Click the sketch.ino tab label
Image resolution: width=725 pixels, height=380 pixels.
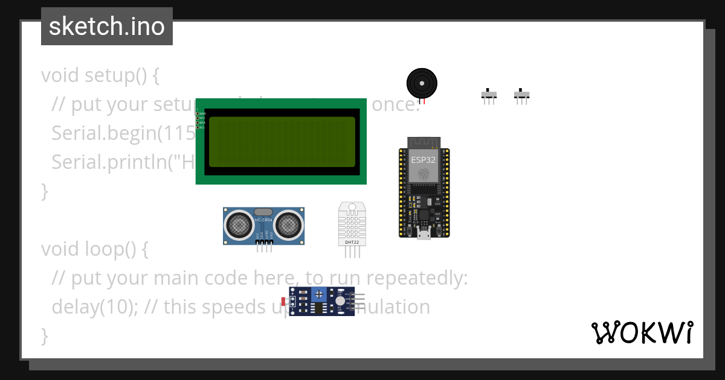pyautogui.click(x=106, y=27)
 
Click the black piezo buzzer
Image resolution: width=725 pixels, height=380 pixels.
pyautogui.click(x=422, y=83)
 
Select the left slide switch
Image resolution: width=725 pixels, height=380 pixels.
pyautogui.click(x=489, y=95)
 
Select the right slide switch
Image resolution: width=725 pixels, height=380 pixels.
pyautogui.click(x=521, y=95)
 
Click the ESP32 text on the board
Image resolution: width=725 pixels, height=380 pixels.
pyautogui.click(x=424, y=160)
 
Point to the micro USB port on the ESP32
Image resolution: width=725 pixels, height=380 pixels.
pyautogui.click(x=424, y=234)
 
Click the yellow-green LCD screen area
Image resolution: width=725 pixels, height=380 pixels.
pyautogui.click(x=282, y=142)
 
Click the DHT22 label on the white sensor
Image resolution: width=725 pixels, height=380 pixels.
pyautogui.click(x=352, y=242)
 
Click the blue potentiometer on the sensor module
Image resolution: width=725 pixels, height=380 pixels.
pyautogui.click(x=318, y=294)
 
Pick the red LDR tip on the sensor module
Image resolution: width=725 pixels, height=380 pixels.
pyautogui.click(x=283, y=300)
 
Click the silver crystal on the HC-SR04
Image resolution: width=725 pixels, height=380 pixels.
pyautogui.click(x=264, y=212)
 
